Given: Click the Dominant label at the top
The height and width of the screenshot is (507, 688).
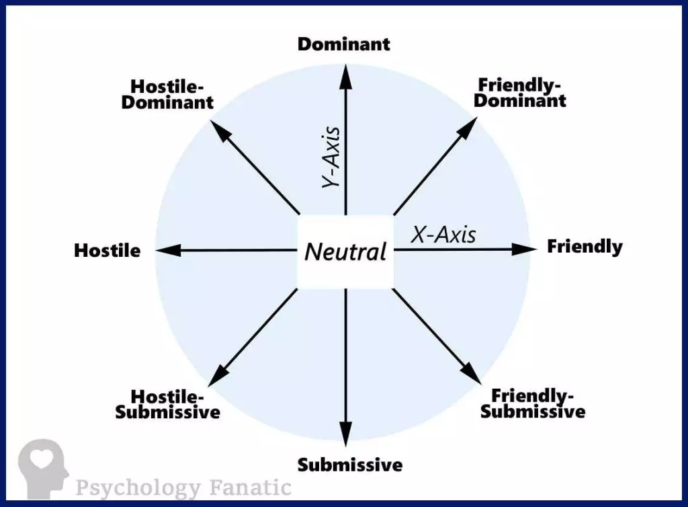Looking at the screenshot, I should [343, 44].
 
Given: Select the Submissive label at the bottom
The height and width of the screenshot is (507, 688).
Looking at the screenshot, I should [349, 464].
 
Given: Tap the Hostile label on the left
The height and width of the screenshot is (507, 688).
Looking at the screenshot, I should [107, 251].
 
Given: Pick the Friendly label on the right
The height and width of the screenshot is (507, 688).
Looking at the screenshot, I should [585, 247].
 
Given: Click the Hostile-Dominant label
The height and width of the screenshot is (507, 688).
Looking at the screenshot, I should [167, 95].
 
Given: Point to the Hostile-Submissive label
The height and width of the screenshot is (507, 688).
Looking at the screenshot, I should [167, 404].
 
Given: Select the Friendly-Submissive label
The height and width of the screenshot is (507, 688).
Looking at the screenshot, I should [533, 403].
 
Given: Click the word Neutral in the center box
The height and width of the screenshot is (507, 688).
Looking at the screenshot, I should [345, 251].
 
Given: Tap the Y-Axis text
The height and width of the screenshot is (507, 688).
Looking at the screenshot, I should [331, 157].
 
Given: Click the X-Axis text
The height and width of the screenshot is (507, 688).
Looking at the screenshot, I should [443, 235].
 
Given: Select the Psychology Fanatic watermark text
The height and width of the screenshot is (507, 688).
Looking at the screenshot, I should [183, 486].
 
